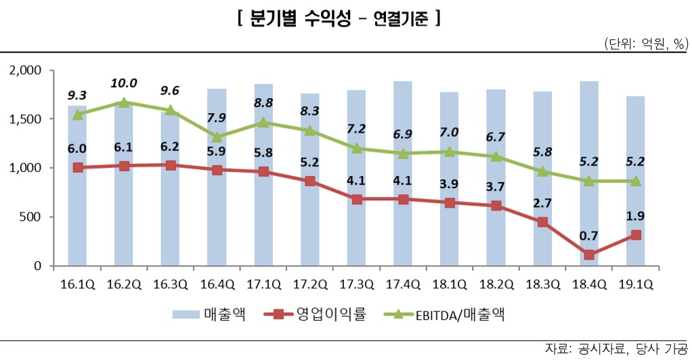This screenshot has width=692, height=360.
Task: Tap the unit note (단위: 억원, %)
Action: [645, 44]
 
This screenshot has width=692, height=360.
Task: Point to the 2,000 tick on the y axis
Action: [26, 70]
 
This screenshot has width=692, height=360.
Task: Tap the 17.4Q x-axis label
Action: [403, 284]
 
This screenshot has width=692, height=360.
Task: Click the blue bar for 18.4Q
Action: [589, 176]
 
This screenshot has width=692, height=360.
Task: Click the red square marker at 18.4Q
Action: [589, 255]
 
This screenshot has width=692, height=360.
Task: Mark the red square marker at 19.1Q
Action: [635, 235]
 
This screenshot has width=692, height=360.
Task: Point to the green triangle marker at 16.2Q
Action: [124, 102]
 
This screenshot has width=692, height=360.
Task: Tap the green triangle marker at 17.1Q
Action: [263, 122]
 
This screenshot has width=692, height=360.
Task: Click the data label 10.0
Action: [123, 83]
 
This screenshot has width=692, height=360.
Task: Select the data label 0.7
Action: [588, 236]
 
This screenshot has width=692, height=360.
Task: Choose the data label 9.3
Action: [77, 96]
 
